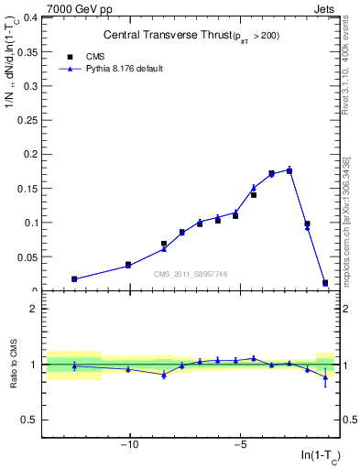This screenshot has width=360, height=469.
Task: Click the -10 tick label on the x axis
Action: [x=129, y=445]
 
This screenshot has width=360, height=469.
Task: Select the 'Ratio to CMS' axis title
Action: [x=14, y=365]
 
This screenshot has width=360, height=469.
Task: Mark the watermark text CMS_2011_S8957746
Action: [x=190, y=274]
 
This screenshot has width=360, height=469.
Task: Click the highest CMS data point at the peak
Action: [x=289, y=170]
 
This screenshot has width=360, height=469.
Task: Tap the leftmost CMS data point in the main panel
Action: [x=74, y=279]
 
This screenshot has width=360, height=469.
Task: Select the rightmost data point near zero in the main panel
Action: [x=325, y=283]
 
